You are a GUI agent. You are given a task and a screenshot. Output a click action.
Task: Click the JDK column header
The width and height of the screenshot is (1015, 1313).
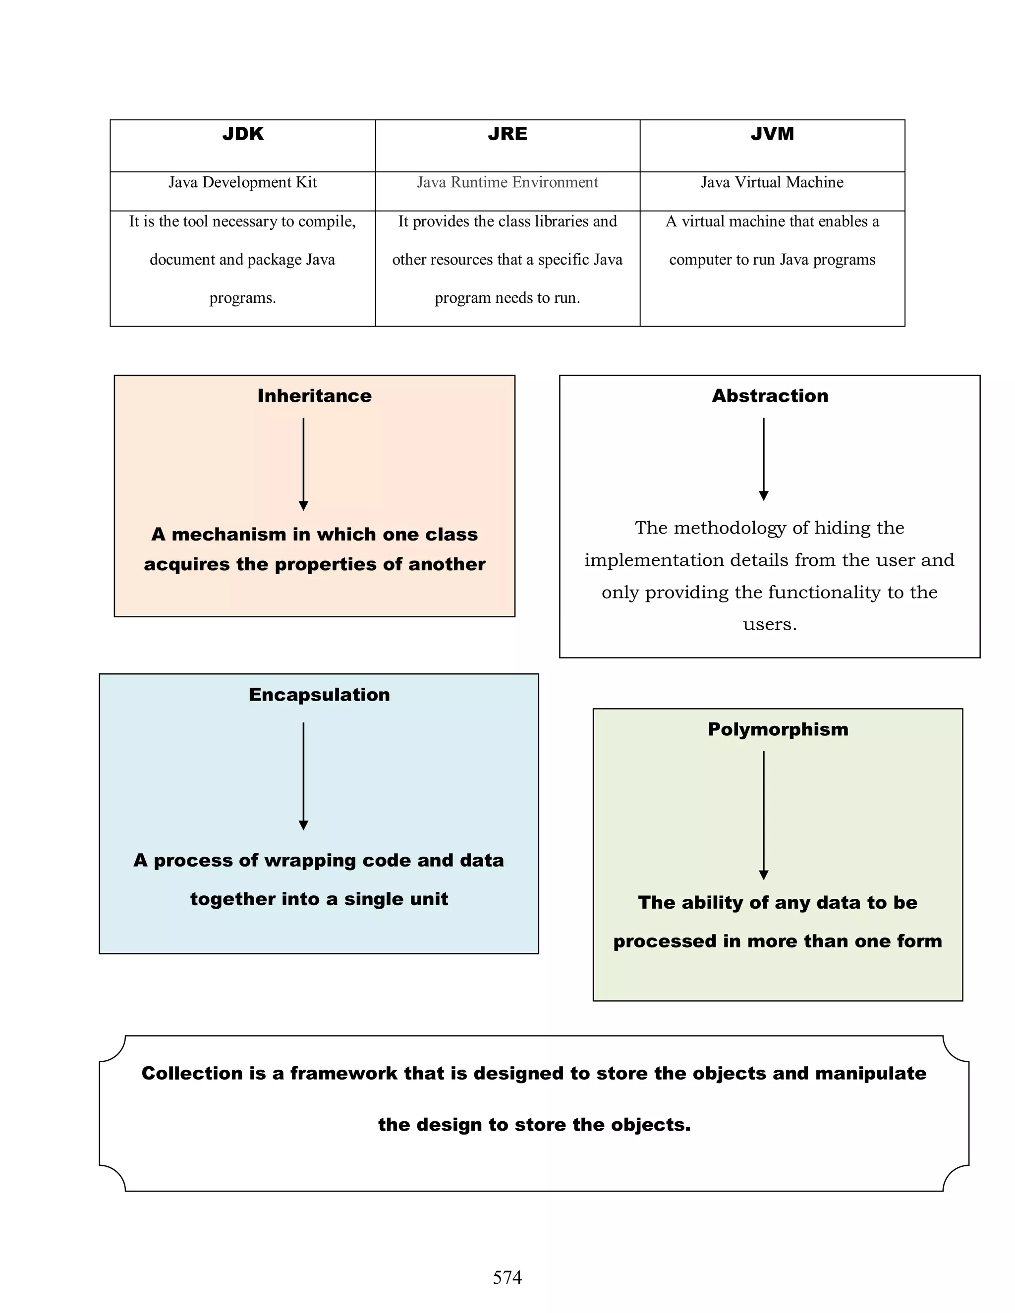click(x=243, y=134)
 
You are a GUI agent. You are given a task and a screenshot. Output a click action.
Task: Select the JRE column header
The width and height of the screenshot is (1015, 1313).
click(x=507, y=134)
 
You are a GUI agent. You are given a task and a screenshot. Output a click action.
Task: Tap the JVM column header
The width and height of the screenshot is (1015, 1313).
click(x=772, y=134)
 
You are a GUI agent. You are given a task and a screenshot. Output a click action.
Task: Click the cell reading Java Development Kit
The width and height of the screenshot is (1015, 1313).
click(x=242, y=182)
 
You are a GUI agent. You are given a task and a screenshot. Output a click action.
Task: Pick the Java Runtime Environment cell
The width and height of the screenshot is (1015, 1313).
click(x=507, y=182)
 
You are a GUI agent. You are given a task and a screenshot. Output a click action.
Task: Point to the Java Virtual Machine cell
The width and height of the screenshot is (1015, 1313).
click(x=772, y=182)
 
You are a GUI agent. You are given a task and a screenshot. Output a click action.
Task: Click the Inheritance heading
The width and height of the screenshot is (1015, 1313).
click(x=315, y=395)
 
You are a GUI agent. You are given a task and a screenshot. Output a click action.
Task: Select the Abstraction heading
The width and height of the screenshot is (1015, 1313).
click(x=770, y=395)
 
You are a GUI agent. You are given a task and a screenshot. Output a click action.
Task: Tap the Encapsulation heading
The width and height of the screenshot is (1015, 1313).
click(x=319, y=694)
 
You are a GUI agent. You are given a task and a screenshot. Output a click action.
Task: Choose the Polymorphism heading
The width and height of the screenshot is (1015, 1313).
click(x=778, y=729)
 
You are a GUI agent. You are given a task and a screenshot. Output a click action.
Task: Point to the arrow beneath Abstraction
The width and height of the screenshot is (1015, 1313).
click(x=764, y=459)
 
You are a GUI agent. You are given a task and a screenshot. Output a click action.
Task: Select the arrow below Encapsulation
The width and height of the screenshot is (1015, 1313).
click(x=304, y=775)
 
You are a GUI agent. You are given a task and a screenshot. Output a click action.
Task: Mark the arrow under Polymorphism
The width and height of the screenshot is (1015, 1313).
click(x=764, y=815)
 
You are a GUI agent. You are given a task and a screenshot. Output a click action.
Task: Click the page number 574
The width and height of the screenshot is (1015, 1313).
click(x=507, y=1277)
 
